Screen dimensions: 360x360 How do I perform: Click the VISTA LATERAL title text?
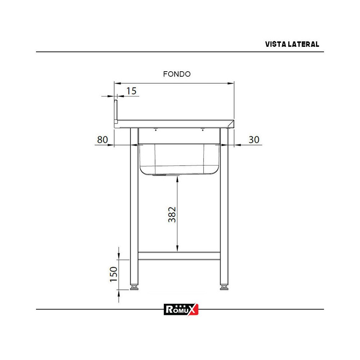[x=292, y=44]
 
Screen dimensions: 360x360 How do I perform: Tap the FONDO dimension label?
[x=177, y=74]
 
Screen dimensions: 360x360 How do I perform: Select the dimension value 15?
[x=132, y=91]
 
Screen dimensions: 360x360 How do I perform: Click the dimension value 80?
[x=103, y=140]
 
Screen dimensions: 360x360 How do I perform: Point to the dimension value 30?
[x=254, y=140]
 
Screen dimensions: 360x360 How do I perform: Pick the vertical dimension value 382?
[x=172, y=214]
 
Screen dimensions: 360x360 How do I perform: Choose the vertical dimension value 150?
[x=113, y=274]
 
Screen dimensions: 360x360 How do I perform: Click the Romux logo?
[x=181, y=309]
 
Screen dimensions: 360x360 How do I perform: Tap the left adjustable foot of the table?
[x=134, y=288]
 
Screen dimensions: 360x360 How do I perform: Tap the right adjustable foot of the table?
[x=224, y=288]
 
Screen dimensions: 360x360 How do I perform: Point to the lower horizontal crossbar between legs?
[x=179, y=256]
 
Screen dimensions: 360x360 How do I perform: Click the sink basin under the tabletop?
[x=179, y=158]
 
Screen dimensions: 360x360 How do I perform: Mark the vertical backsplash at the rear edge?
[x=116, y=112]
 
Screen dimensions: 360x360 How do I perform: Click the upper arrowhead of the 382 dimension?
[x=177, y=178]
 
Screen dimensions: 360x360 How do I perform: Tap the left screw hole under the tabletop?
[x=156, y=130]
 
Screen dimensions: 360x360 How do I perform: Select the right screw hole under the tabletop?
[x=203, y=130]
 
